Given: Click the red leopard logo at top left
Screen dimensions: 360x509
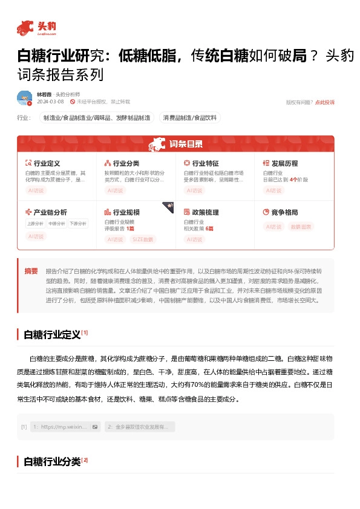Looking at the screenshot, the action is click(x=25, y=27).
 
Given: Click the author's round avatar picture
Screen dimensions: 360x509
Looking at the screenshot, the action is click(x=24, y=98).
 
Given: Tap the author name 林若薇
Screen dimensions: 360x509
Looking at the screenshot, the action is click(x=44, y=94).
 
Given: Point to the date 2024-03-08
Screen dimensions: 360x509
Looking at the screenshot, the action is click(x=50, y=102).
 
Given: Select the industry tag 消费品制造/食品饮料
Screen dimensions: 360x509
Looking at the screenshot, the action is click(x=189, y=117).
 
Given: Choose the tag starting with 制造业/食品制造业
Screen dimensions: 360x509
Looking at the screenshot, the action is click(x=96, y=117).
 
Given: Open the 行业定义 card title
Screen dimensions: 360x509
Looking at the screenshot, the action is click(x=47, y=163).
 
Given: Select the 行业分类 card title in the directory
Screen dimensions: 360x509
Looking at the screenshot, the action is click(x=126, y=163).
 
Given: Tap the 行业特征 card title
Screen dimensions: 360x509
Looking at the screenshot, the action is click(x=205, y=163).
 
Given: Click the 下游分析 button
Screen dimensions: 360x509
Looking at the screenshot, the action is click(x=77, y=223).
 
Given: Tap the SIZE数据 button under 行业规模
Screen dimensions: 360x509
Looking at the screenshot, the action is click(x=142, y=239).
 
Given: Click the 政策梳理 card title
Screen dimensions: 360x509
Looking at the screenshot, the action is click(x=205, y=213).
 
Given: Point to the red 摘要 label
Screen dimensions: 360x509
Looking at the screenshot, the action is click(x=31, y=271).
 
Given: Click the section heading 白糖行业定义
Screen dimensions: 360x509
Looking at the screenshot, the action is click(x=51, y=334).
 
